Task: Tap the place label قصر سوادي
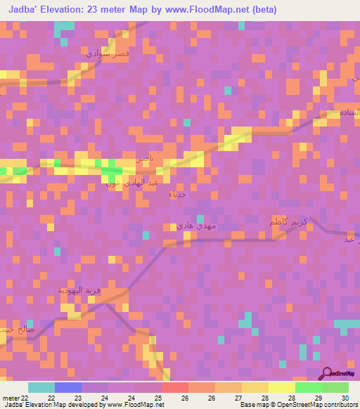[x=108, y=53]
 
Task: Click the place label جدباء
[x=178, y=194]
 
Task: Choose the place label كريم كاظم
[x=289, y=223]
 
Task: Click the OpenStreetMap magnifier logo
[x=326, y=373]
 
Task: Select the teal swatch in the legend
[x=41, y=387]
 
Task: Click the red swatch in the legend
[x=175, y=387]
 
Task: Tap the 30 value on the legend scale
[x=344, y=397]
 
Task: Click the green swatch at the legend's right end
[x=335, y=387]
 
